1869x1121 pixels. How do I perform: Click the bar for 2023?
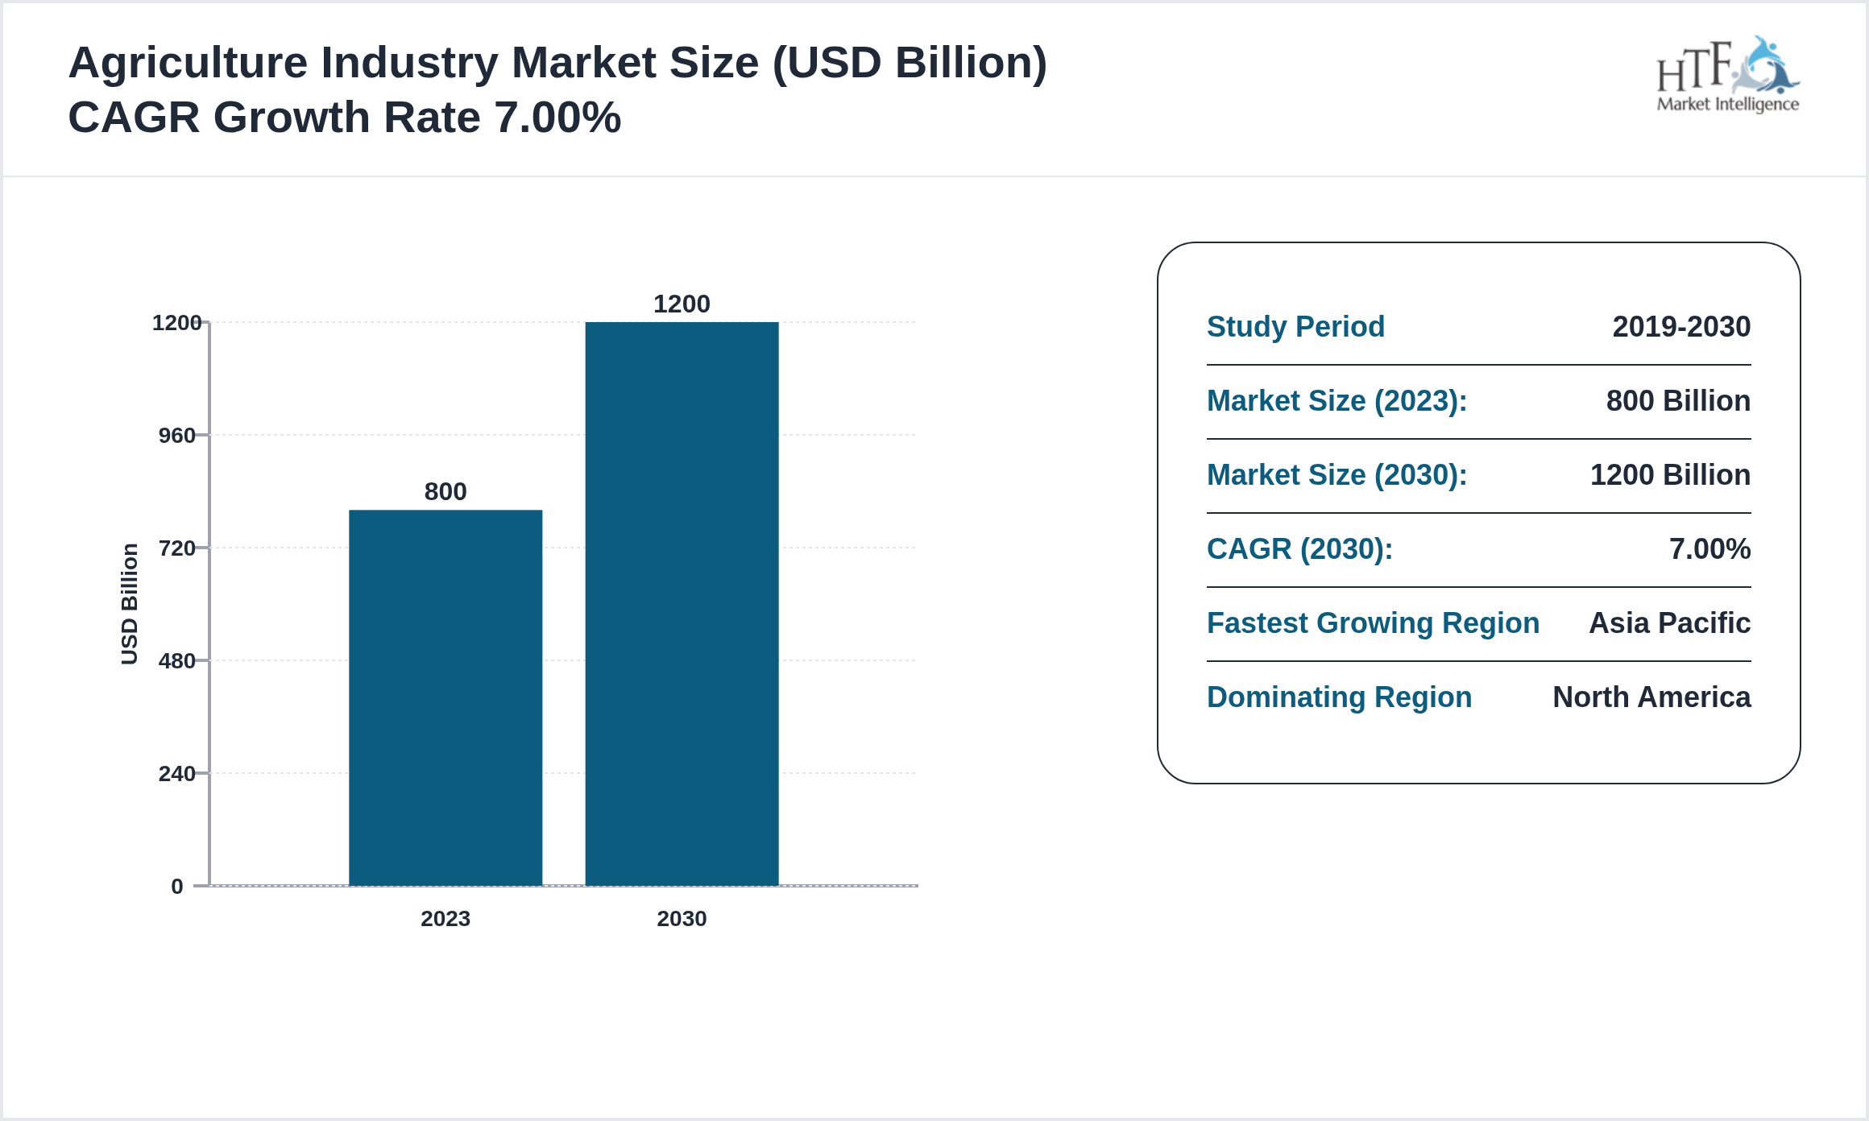point(445,697)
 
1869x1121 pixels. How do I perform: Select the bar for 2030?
point(682,604)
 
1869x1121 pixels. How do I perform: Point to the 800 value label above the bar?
point(445,491)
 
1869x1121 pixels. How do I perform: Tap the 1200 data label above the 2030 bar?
point(682,304)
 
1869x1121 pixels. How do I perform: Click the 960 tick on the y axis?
point(176,436)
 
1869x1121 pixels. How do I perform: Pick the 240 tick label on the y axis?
point(176,774)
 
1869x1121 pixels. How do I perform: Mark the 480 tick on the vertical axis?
point(176,661)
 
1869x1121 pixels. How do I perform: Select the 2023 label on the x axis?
point(445,918)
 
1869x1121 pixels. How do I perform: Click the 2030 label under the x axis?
point(682,918)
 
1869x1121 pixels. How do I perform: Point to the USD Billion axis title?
point(130,604)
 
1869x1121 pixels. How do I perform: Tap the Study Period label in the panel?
point(1295,327)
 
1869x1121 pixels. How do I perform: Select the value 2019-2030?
point(1681,327)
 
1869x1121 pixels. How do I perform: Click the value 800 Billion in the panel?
point(1678,401)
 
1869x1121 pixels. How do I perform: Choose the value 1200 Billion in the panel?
point(1670,475)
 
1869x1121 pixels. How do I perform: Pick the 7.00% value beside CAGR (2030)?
point(1709,549)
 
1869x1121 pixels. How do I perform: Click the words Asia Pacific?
point(1669,623)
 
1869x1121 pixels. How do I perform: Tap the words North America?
point(1651,697)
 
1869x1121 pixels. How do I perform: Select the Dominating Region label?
point(1339,697)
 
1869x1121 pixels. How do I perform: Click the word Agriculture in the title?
point(188,63)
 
